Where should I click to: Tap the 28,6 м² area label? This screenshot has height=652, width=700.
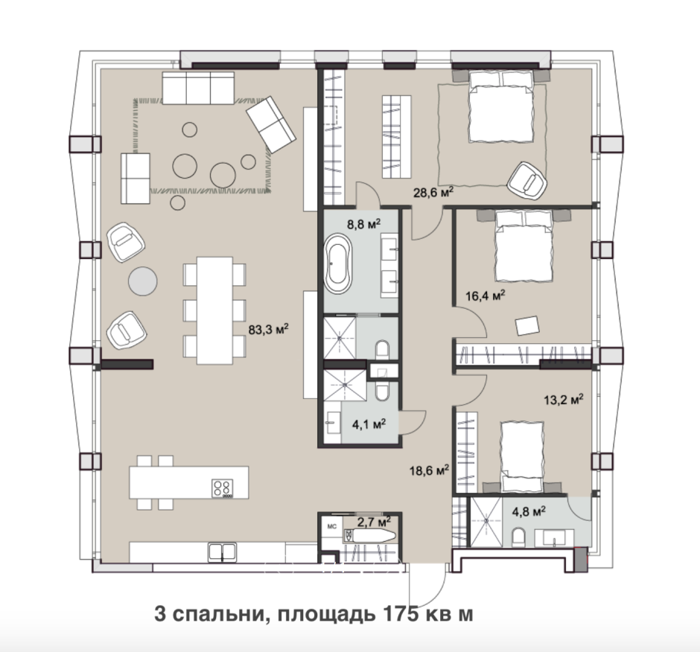[x=434, y=192]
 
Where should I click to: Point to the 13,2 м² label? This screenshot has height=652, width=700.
[x=563, y=399]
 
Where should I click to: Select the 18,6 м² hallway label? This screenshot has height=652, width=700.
[x=428, y=470]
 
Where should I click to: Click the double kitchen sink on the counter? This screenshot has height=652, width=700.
[x=223, y=552]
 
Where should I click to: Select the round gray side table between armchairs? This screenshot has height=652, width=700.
[x=143, y=281]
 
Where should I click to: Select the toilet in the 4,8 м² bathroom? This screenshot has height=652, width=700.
[x=519, y=536]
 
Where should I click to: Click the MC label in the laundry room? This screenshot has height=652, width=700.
[x=331, y=526]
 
